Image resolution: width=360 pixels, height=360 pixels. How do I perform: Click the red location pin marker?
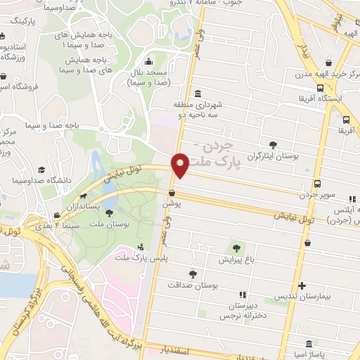click(x=180, y=165)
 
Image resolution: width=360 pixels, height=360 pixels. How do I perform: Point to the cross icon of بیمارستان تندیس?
click(x=302, y=286)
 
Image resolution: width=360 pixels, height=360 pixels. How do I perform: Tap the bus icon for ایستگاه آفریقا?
click(x=320, y=89)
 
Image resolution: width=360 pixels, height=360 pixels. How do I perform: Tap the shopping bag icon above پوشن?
click(x=172, y=192)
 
